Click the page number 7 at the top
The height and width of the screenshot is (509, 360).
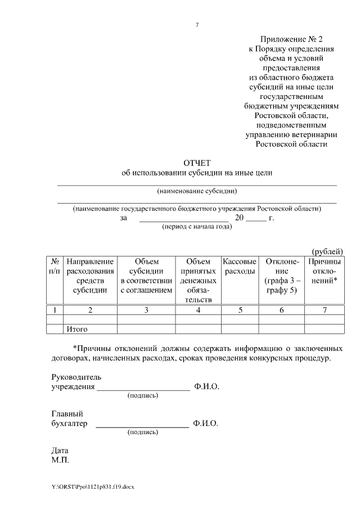(x=197, y=25)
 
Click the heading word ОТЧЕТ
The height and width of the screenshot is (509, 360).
(x=197, y=163)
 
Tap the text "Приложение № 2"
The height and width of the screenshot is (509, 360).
(x=292, y=39)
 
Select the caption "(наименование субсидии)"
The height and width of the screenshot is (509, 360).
(x=197, y=190)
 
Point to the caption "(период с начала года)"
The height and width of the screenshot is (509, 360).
(x=197, y=227)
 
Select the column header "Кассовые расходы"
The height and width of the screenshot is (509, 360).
(x=240, y=267)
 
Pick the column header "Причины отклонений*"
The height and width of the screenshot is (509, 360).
(x=325, y=271)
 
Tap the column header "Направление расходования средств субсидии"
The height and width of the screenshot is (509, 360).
(x=90, y=276)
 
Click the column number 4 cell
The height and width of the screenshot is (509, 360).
(x=198, y=310)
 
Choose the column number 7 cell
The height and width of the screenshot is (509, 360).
(x=325, y=310)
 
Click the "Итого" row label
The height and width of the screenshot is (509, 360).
(x=78, y=329)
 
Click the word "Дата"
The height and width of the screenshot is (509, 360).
(x=60, y=451)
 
